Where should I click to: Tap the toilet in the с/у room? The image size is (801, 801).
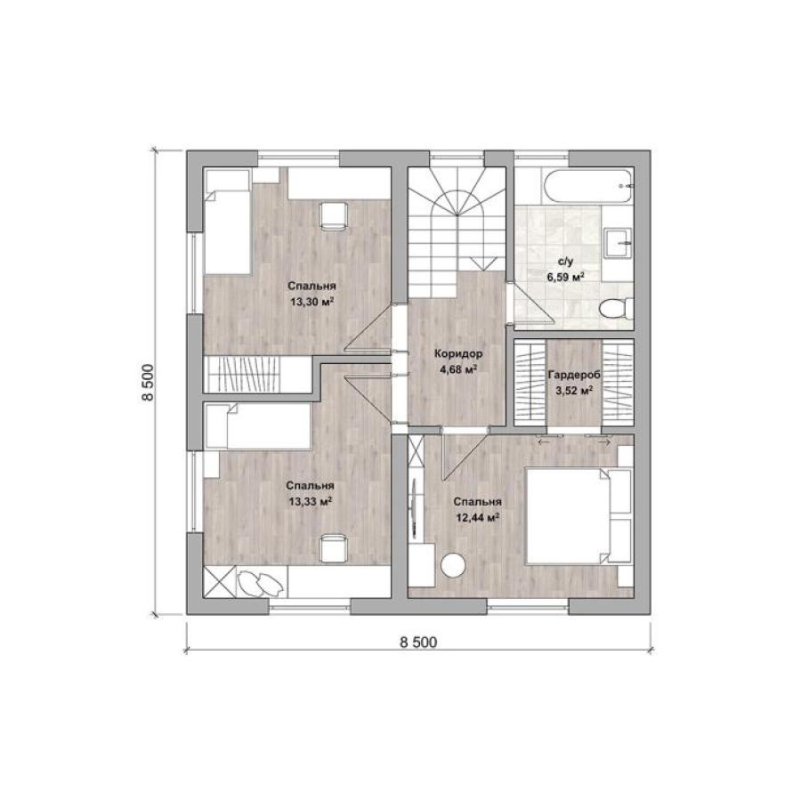(616, 310)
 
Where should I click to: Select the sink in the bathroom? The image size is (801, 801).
(619, 243)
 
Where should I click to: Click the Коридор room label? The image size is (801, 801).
(458, 353)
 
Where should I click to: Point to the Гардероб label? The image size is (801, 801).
(574, 375)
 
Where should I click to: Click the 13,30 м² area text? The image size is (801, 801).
(311, 302)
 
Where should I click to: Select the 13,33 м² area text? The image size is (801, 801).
(311, 502)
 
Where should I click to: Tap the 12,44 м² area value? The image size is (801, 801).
(477, 518)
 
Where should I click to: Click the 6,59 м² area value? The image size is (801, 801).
(565, 278)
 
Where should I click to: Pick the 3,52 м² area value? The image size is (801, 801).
(574, 392)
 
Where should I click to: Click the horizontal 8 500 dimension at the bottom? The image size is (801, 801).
(418, 642)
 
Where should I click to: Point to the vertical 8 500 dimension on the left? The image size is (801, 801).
(147, 383)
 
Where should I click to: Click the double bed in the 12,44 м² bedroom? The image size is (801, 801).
(578, 516)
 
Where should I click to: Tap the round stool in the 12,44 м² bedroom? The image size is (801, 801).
(453, 565)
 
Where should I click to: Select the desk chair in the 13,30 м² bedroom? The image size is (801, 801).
(334, 214)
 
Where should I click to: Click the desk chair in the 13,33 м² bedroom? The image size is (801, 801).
(334, 547)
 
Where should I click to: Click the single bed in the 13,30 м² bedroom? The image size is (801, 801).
(227, 222)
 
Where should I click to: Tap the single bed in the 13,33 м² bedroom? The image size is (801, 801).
(257, 426)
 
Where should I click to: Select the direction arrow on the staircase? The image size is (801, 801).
(483, 263)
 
